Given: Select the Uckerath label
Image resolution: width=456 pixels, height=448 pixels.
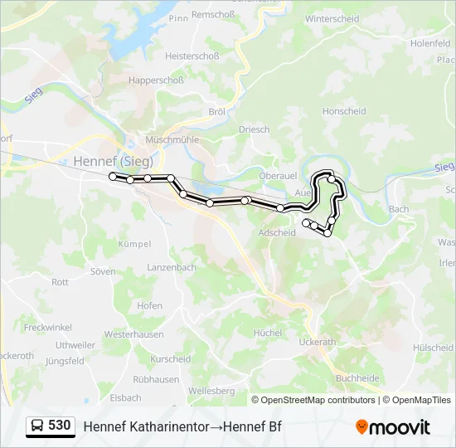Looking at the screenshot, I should pos(317,342).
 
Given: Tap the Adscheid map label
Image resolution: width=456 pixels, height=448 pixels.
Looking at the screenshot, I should pos(277,233).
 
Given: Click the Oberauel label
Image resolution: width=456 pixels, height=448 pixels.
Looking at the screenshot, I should pos(279,175).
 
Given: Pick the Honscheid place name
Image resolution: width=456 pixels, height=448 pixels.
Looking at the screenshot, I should pos(344,111).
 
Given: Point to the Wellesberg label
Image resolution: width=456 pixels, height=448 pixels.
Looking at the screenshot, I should pos(212,390).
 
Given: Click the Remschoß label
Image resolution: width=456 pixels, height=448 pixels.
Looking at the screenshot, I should pos(214,15).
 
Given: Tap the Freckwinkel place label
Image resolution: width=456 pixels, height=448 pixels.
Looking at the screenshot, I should pos(49,328).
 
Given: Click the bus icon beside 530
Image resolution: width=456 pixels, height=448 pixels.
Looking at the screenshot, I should pos(37,426).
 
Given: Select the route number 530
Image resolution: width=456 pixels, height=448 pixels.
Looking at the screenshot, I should pos(59,426).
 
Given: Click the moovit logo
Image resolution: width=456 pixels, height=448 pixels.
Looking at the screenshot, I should pos(393,427).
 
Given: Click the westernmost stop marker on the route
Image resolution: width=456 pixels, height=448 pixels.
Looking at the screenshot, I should pos(113,177).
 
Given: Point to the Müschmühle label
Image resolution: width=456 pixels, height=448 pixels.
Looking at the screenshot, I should pos(172,140).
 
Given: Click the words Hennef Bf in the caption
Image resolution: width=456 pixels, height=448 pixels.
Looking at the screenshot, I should pos(254,426).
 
